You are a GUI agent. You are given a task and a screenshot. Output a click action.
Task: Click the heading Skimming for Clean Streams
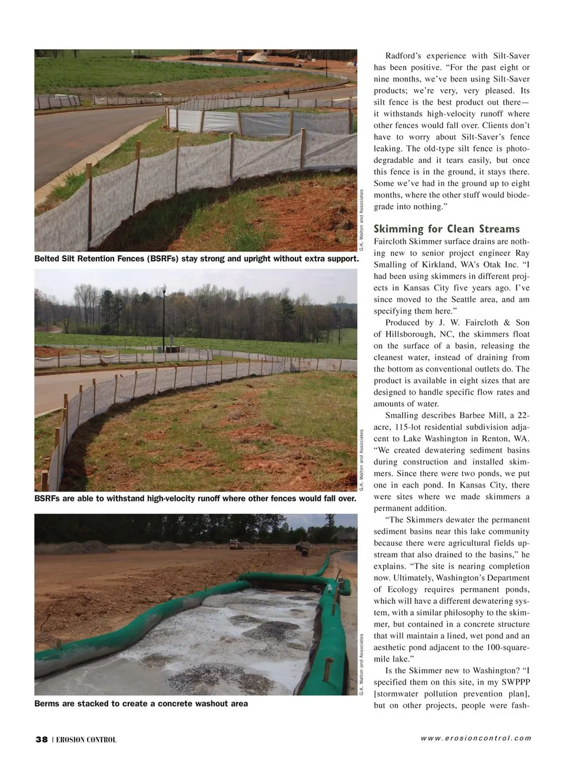(x=447, y=229)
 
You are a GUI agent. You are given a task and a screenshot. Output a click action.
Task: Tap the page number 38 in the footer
(x=41, y=740)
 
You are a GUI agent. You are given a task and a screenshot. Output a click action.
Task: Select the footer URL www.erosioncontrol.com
(x=476, y=738)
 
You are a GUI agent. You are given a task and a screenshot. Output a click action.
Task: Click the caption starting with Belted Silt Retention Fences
(x=197, y=259)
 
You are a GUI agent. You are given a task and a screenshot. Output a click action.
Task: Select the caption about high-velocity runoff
(x=195, y=499)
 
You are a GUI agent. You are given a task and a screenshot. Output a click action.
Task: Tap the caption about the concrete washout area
(x=141, y=703)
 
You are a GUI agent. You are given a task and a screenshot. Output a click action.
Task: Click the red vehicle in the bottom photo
(x=234, y=545)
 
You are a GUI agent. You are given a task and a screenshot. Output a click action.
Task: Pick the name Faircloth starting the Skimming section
(x=392, y=241)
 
